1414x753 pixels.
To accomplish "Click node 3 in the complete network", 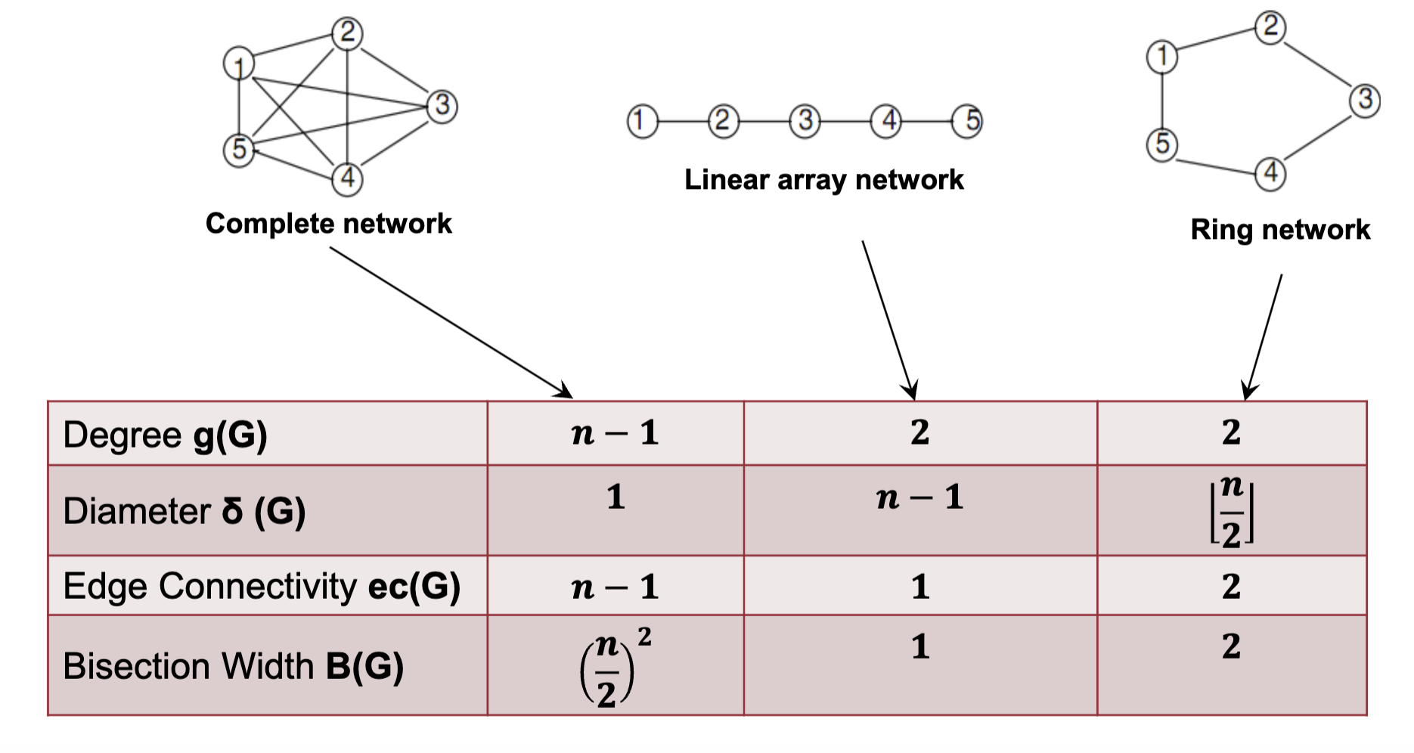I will tap(442, 105).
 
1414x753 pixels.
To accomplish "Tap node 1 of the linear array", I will tap(642, 121).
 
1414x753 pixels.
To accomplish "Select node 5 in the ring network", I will tap(1162, 144).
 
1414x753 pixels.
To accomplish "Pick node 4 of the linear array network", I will tap(887, 121).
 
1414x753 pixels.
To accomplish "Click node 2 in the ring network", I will tap(1270, 27).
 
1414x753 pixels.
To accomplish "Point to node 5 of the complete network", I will tap(239, 149).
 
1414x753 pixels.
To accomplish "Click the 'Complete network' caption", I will tap(328, 224).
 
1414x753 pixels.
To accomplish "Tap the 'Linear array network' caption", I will tap(823, 180).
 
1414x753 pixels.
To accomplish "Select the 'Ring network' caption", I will tap(1280, 229).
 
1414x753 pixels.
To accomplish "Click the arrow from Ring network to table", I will tap(1264, 336).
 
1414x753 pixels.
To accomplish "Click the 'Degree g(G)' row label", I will tap(165, 435).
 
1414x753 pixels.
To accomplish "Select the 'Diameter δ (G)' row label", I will tap(184, 511).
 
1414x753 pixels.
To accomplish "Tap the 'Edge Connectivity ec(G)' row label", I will tap(262, 586).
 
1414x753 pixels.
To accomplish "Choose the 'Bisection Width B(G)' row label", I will tap(233, 666).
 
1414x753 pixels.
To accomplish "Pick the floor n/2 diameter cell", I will tap(1231, 511).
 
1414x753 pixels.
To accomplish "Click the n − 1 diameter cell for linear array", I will tap(919, 498).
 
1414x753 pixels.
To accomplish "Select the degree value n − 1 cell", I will tap(615, 433).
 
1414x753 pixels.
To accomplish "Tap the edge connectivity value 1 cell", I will tap(919, 587).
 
